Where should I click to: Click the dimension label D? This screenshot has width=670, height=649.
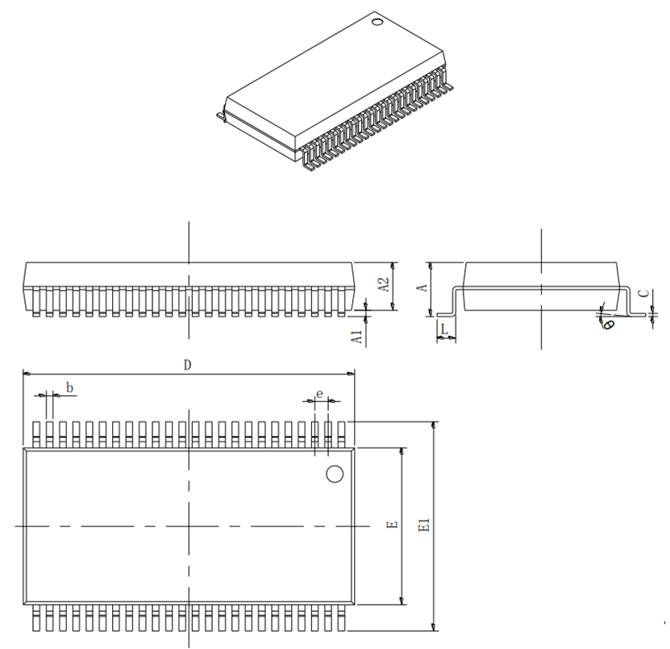[187, 365]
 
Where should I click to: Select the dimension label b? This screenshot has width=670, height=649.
[69, 388]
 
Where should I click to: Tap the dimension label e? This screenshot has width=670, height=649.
[320, 394]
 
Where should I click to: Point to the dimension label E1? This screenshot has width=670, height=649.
[425, 525]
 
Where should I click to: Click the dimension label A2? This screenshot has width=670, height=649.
[385, 285]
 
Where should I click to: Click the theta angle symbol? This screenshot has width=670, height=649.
[609, 324]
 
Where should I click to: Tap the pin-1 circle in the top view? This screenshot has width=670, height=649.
[335, 474]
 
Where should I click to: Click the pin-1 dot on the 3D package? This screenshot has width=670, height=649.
[377, 21]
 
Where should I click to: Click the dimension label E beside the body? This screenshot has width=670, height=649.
[392, 525]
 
